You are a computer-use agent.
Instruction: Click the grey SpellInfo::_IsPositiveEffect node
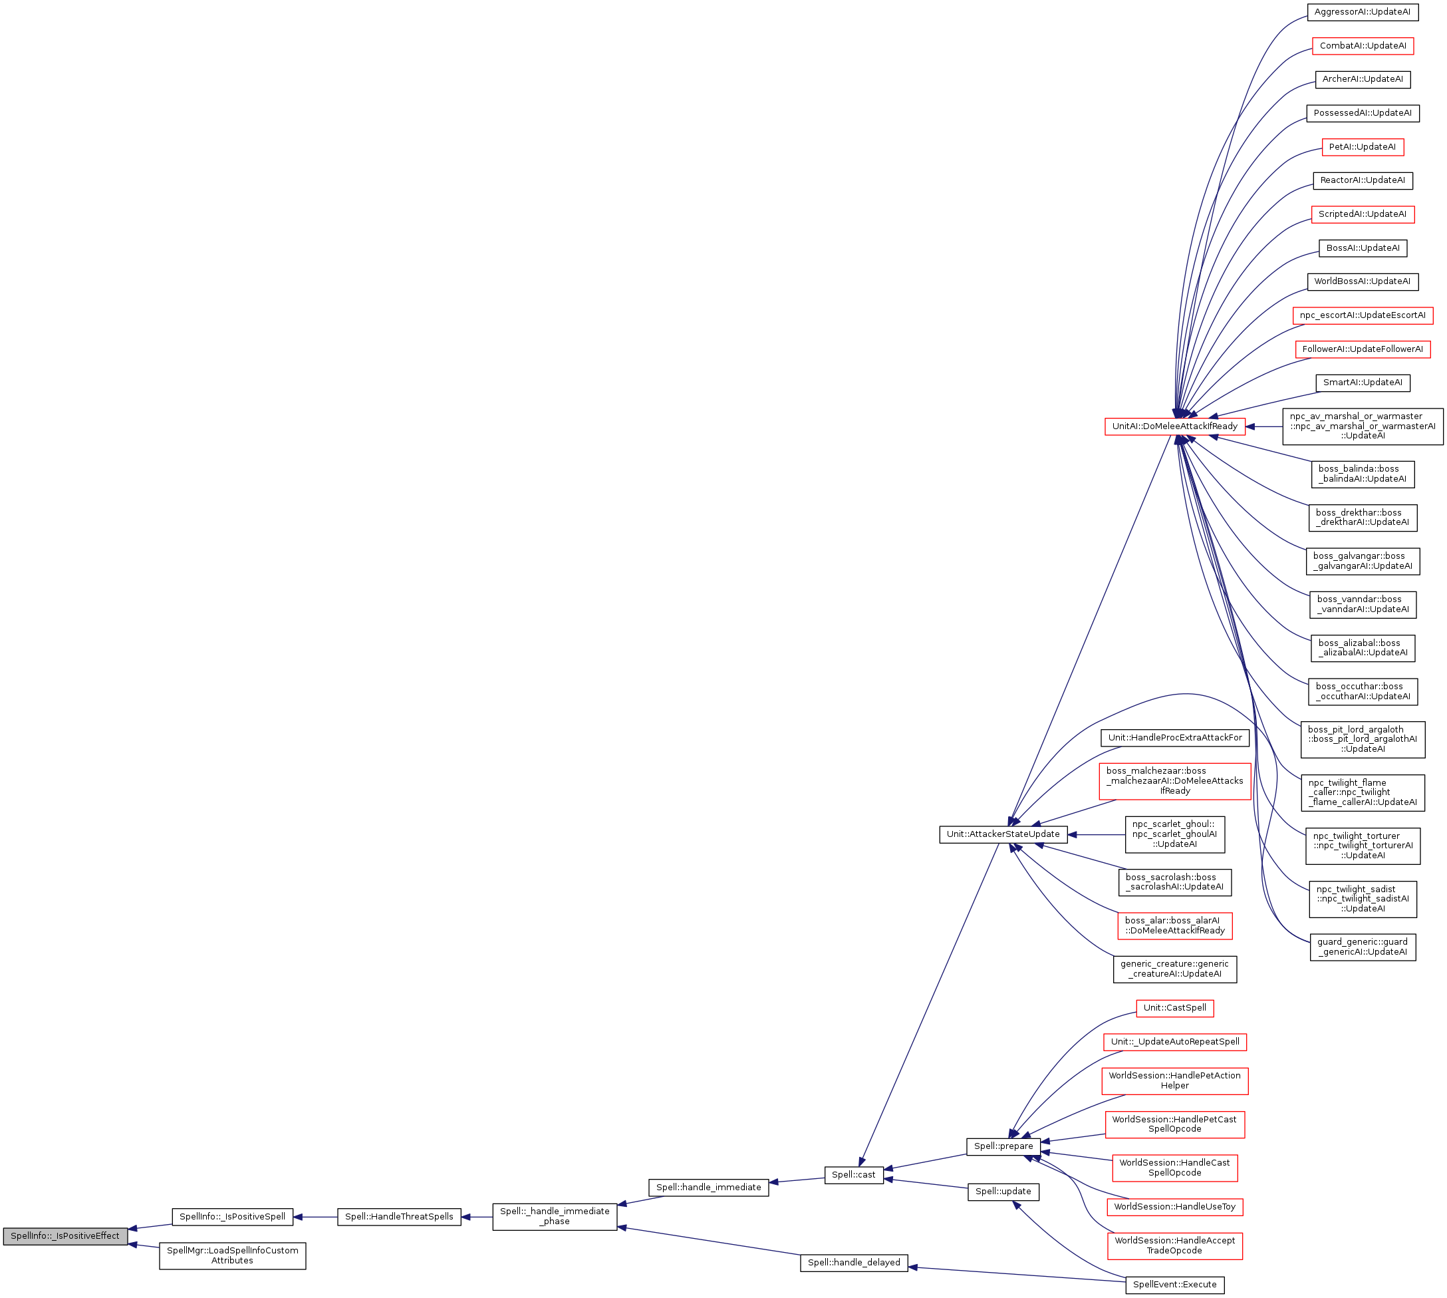click(x=65, y=1236)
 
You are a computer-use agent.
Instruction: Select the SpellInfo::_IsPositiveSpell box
click(x=232, y=1217)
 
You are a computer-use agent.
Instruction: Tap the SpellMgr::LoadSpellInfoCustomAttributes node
click(x=232, y=1255)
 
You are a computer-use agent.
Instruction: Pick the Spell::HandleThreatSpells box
click(x=399, y=1217)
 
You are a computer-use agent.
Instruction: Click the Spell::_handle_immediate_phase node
click(x=555, y=1216)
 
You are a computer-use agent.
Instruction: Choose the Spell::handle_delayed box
click(x=853, y=1262)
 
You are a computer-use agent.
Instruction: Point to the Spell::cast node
click(x=853, y=1175)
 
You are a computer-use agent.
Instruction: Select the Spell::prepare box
click(x=1003, y=1146)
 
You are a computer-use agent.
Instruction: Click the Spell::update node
click(x=1003, y=1191)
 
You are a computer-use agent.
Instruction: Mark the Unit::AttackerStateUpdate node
click(x=1003, y=834)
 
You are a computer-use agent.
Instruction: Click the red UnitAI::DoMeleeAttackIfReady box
click(x=1175, y=426)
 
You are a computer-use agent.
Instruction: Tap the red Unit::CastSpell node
click(x=1175, y=1008)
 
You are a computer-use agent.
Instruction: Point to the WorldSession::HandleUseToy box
click(x=1175, y=1207)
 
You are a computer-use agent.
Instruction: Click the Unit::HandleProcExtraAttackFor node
click(x=1175, y=737)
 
